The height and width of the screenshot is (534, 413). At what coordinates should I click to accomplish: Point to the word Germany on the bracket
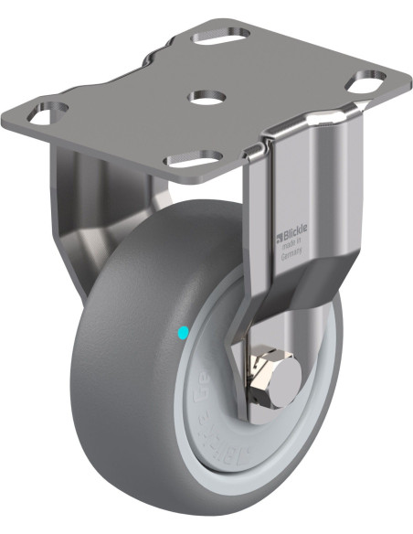tap(291, 258)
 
